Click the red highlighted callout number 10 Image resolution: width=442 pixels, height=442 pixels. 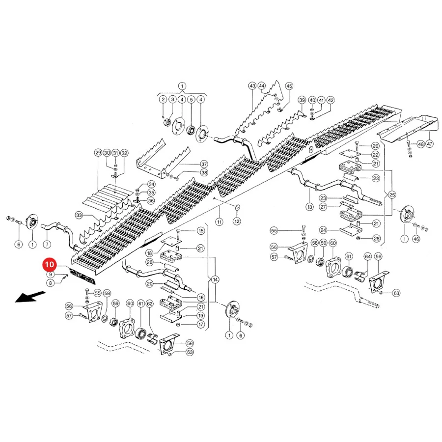pyautogui.click(x=49, y=264)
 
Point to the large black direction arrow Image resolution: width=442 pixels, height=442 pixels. pyautogui.click(x=30, y=297)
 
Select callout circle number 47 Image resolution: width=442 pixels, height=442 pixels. pyautogui.click(x=429, y=144)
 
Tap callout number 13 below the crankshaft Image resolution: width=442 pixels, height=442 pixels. pyautogui.click(x=310, y=207)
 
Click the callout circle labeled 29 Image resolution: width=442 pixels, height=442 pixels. pyautogui.click(x=98, y=153)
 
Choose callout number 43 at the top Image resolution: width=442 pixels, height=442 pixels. pyautogui.click(x=252, y=86)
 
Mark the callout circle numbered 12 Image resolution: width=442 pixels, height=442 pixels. pyautogui.click(x=237, y=221)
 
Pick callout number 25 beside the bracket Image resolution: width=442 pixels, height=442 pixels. pyautogui.click(x=392, y=195)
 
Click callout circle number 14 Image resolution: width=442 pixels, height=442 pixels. pyautogui.click(x=215, y=279)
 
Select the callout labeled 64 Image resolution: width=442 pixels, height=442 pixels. pyautogui.click(x=368, y=256)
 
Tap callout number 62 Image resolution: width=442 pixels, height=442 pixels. pyautogui.click(x=150, y=304)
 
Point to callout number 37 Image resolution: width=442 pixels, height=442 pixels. pyautogui.click(x=204, y=164)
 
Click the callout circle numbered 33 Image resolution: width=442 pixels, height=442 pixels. pyautogui.click(x=79, y=216)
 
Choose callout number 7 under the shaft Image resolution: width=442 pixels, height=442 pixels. pyautogui.click(x=47, y=244)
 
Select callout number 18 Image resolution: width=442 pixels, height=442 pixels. pyautogui.click(x=149, y=253)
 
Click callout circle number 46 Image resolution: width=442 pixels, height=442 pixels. pyautogui.click(x=416, y=239)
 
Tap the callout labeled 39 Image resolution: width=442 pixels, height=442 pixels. pyautogui.click(x=302, y=100)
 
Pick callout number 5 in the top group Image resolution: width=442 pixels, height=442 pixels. pyautogui.click(x=191, y=100)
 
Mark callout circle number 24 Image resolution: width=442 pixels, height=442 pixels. pyautogui.click(x=323, y=230)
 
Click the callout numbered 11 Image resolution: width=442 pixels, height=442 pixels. pyautogui.click(x=220, y=222)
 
